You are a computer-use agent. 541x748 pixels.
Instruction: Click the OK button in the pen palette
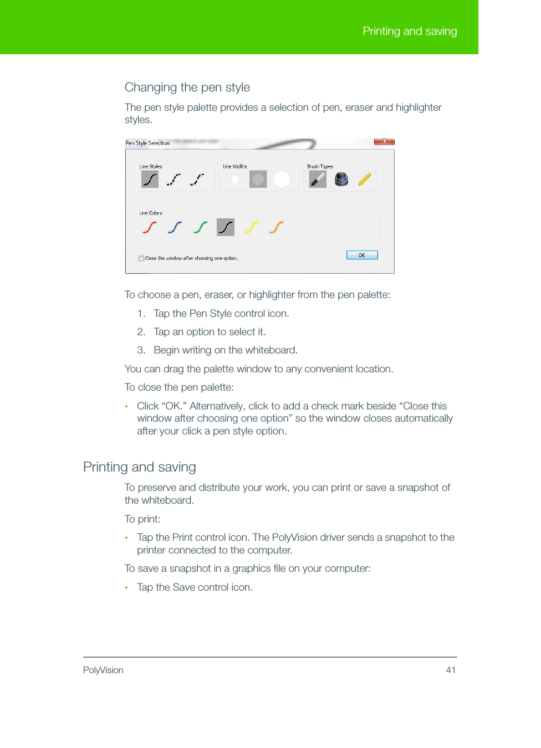pyautogui.click(x=362, y=255)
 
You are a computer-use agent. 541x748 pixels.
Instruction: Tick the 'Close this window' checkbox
pyautogui.click(x=141, y=258)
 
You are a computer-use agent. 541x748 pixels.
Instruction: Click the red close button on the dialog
pyautogui.click(x=384, y=141)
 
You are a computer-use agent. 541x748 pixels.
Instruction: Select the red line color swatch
pyautogui.click(x=149, y=227)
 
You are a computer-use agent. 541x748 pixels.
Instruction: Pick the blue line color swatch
pyautogui.click(x=175, y=227)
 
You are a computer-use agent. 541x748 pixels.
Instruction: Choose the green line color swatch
pyautogui.click(x=200, y=227)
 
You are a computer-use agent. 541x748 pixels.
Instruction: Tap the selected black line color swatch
pyautogui.click(x=226, y=227)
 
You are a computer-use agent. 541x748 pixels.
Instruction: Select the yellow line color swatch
pyautogui.click(x=251, y=227)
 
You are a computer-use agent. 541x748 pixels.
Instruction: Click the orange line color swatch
pyautogui.click(x=277, y=227)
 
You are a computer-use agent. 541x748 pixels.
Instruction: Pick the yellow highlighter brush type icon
pyautogui.click(x=364, y=179)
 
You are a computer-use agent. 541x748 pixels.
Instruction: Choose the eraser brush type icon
pyautogui.click(x=341, y=179)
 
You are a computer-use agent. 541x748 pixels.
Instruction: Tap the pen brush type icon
pyautogui.click(x=318, y=179)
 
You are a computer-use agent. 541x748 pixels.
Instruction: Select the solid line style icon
pyautogui.click(x=150, y=179)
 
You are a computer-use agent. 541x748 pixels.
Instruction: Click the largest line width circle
pyautogui.click(x=282, y=179)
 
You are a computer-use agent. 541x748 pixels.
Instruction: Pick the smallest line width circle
pyautogui.click(x=235, y=179)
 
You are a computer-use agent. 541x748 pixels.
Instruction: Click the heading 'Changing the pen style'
pyautogui.click(x=187, y=88)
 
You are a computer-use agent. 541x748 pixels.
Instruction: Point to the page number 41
pyautogui.click(x=451, y=670)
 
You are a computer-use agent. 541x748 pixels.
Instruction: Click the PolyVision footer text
pyautogui.click(x=103, y=670)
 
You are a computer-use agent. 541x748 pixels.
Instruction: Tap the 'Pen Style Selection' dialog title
pyautogui.click(x=147, y=143)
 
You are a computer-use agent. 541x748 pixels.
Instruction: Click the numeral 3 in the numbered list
pyautogui.click(x=141, y=350)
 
